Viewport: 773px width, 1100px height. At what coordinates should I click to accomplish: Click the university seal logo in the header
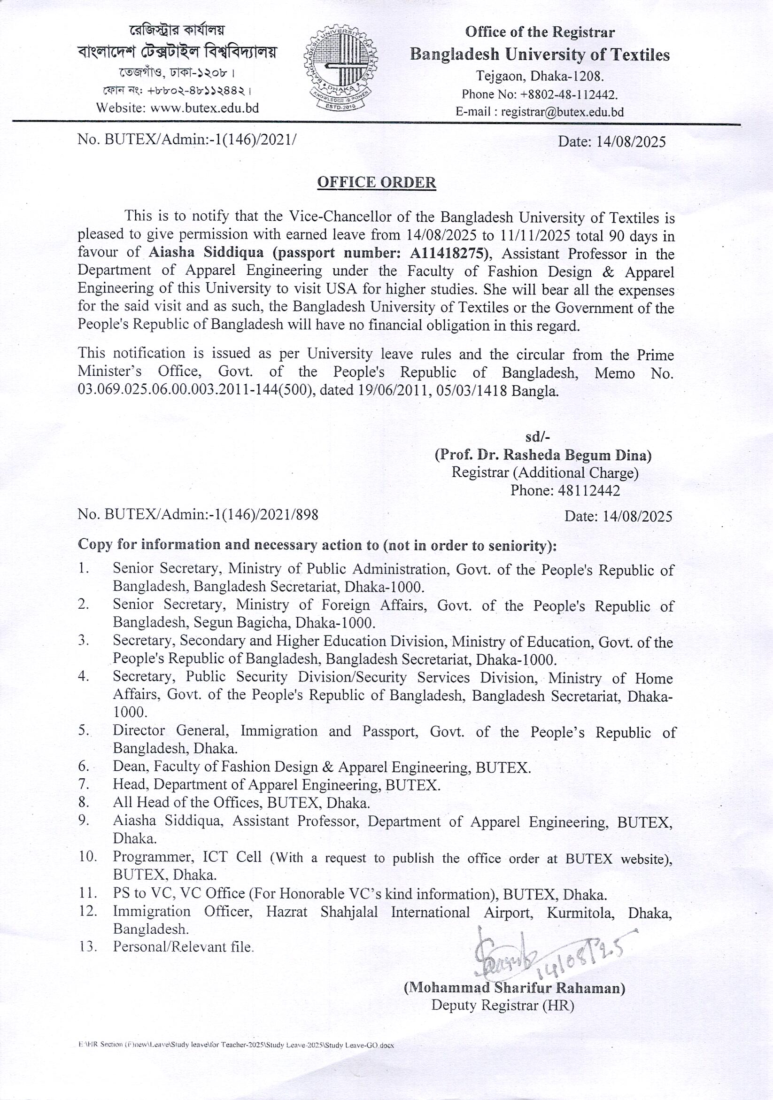(x=341, y=69)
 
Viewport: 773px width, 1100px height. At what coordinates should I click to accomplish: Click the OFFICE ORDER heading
(x=377, y=183)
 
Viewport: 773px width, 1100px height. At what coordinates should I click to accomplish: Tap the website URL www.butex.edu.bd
(x=204, y=108)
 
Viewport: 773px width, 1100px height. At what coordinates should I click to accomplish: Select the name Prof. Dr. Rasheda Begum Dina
(x=542, y=455)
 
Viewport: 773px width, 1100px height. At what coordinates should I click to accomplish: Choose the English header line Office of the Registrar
(x=540, y=32)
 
